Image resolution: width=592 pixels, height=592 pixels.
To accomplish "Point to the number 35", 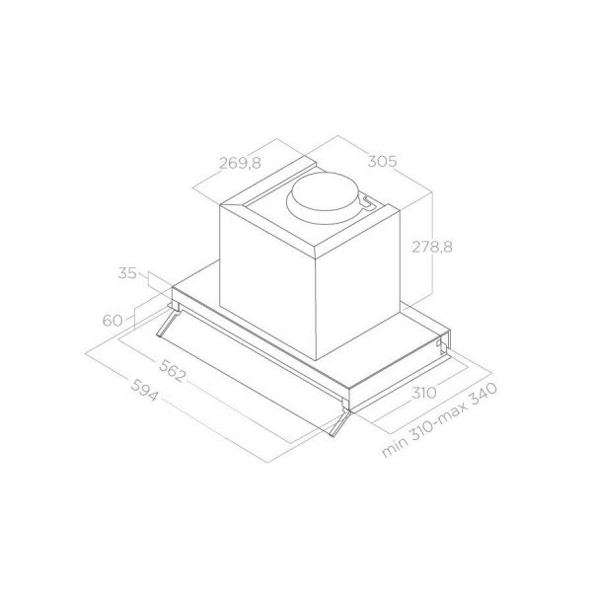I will tap(125, 273).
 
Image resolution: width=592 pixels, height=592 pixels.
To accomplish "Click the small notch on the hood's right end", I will tap(441, 344).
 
